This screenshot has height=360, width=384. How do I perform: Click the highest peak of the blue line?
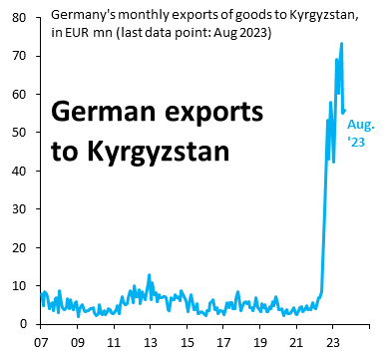[x=341, y=44]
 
